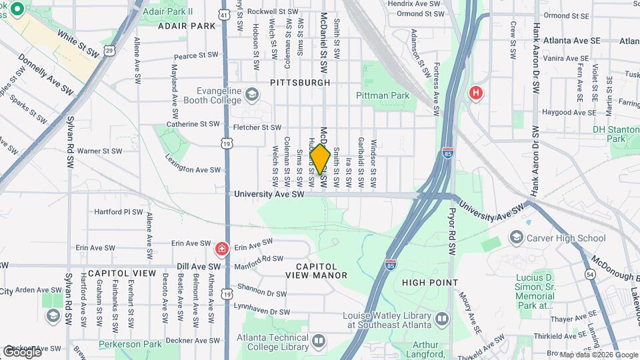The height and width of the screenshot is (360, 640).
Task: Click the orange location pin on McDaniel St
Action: tap(321, 159)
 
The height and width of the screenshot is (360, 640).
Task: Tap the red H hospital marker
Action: tap(475, 93)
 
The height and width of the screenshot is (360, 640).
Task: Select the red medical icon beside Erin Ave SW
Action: tap(221, 249)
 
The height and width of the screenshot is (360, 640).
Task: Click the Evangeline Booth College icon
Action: tap(251, 94)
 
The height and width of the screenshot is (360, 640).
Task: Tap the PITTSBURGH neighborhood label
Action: tap(300, 83)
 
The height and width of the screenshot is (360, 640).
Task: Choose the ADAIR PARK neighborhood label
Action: tap(187, 26)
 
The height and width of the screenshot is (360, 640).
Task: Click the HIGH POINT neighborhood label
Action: tap(430, 283)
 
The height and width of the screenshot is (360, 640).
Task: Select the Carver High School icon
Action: tap(516, 237)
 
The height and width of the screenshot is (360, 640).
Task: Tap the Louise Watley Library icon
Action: tap(441, 321)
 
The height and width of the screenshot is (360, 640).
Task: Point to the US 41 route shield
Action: tap(225, 13)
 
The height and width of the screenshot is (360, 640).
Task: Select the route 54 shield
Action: tap(589, 274)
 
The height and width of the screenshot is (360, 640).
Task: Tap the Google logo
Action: tap(21, 351)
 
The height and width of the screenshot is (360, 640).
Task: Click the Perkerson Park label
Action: tap(130, 344)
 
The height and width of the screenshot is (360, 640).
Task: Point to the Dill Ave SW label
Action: tap(199, 266)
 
